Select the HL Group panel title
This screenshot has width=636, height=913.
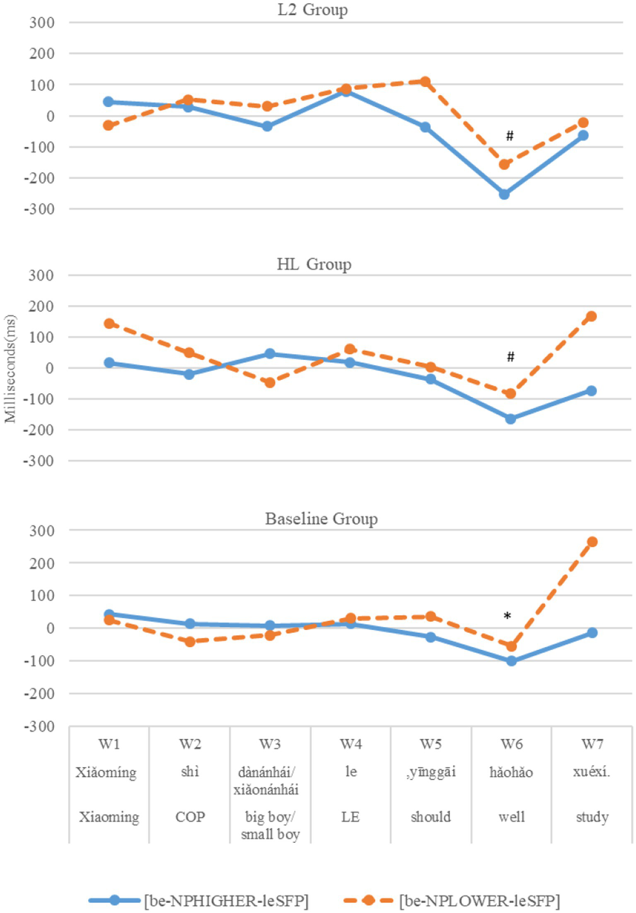pyautogui.click(x=314, y=264)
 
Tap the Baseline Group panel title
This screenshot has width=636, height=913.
pyautogui.click(x=321, y=518)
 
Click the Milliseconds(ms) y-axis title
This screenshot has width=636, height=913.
pyautogui.click(x=10, y=368)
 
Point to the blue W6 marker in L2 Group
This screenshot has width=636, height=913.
pyautogui.click(x=504, y=194)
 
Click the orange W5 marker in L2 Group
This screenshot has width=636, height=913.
pyautogui.click(x=425, y=82)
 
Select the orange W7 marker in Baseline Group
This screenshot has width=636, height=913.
pyautogui.click(x=592, y=542)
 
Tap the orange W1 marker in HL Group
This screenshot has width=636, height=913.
pyautogui.click(x=109, y=323)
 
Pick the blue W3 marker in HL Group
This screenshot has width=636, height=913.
pyautogui.click(x=270, y=354)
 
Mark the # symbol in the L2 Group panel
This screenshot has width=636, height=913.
pyautogui.click(x=510, y=136)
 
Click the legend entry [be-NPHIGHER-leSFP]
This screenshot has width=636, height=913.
pyautogui.click(x=226, y=900)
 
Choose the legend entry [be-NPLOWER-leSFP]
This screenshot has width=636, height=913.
pyautogui.click(x=479, y=900)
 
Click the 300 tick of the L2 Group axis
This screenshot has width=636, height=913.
pyautogui.click(x=42, y=22)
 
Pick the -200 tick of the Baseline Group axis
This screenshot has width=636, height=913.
pyautogui.click(x=40, y=694)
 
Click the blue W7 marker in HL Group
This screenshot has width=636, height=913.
pyautogui.click(x=591, y=391)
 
